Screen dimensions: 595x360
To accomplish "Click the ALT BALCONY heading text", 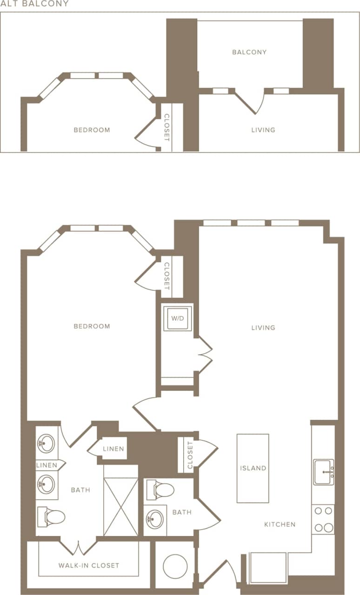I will click(34, 4).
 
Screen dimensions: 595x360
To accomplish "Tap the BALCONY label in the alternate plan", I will click(249, 52).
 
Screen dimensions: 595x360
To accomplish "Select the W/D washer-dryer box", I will click(177, 318).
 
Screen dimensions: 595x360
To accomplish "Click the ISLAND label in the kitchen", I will click(253, 468).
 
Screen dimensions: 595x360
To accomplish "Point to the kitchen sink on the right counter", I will click(323, 472).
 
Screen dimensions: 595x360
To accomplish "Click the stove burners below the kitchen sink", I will click(323, 519).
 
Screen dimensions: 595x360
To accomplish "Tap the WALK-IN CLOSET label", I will click(89, 566).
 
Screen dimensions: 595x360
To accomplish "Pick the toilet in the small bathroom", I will click(160, 489).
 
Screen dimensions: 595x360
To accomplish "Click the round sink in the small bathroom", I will click(154, 519).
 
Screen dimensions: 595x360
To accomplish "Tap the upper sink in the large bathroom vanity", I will click(46, 443).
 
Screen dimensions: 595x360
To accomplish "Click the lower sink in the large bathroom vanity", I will click(46, 484).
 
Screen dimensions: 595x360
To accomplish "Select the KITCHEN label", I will click(280, 524).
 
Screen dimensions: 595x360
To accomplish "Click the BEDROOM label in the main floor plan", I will click(92, 326).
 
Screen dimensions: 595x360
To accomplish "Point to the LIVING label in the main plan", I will click(263, 328).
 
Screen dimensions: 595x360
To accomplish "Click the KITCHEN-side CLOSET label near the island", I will click(190, 456).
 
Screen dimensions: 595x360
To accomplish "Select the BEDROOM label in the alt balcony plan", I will click(92, 130).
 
